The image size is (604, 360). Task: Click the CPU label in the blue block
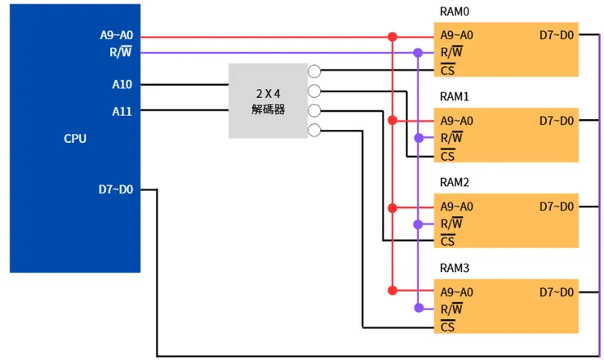click(75, 139)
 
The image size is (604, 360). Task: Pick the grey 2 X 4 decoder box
click(268, 100)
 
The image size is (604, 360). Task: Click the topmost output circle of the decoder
click(314, 71)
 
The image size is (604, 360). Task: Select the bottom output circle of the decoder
click(314, 131)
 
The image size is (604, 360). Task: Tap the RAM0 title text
click(455, 11)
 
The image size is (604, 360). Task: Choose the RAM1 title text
click(455, 97)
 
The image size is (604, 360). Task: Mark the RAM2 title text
click(455, 183)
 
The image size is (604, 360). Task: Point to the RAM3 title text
click(455, 269)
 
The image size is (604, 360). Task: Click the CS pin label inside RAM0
click(447, 70)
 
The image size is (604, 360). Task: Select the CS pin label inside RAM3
click(447, 327)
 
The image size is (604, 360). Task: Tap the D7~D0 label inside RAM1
click(557, 122)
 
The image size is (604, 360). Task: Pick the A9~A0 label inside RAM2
click(457, 207)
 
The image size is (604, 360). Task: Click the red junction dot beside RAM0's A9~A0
click(393, 37)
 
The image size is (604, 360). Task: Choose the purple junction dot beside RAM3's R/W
click(418, 309)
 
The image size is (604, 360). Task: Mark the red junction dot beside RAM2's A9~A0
click(393, 207)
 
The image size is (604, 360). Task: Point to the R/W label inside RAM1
click(451, 138)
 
